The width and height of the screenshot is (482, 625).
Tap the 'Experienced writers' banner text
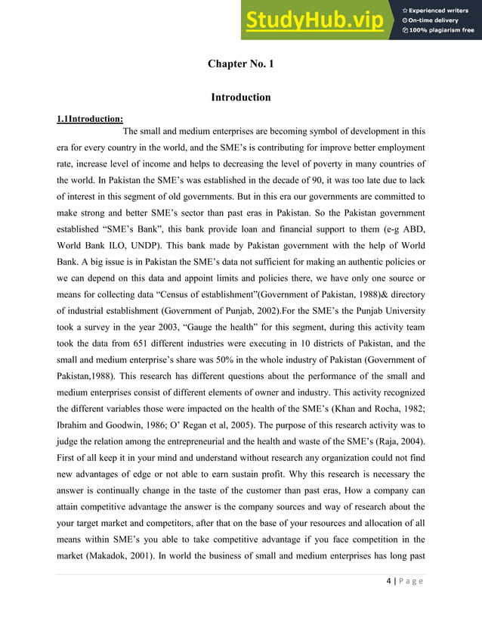pos(440,10)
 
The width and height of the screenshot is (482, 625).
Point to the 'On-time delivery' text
pos(435,20)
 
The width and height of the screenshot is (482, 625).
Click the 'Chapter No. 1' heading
pos(240,64)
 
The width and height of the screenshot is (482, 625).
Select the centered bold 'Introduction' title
pos(240,98)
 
